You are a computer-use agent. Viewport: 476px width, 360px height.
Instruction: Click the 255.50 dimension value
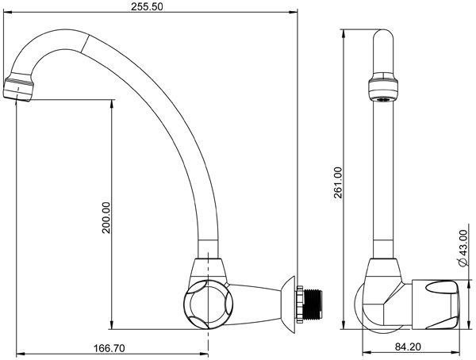click(x=147, y=6)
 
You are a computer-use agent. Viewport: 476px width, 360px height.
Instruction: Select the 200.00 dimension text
click(x=106, y=217)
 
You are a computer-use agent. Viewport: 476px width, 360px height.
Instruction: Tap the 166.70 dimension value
click(x=109, y=348)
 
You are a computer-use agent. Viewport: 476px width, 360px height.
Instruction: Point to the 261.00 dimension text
click(x=338, y=182)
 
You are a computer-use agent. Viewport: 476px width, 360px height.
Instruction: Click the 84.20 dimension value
click(x=408, y=347)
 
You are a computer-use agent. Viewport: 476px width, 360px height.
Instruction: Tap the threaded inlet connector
click(x=313, y=304)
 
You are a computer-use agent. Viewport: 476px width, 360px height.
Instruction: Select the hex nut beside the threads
click(x=300, y=304)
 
